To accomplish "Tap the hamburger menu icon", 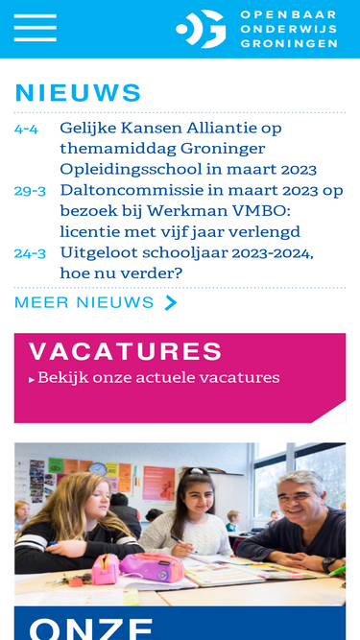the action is [36, 28].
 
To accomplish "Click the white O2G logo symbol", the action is [201, 29].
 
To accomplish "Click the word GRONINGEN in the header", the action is [289, 43].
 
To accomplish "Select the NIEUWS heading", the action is [78, 93].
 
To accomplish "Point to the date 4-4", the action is [26, 129].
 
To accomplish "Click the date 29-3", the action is [30, 191].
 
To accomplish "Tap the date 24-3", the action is [30, 254].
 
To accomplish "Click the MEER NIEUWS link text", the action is [84, 302].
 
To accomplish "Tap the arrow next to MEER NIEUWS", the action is [171, 303].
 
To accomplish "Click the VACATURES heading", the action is [126, 351].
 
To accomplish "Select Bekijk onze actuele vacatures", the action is [158, 378].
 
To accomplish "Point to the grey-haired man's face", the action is [300, 495].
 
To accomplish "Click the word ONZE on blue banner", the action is [91, 628].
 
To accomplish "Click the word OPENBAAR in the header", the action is [289, 14].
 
